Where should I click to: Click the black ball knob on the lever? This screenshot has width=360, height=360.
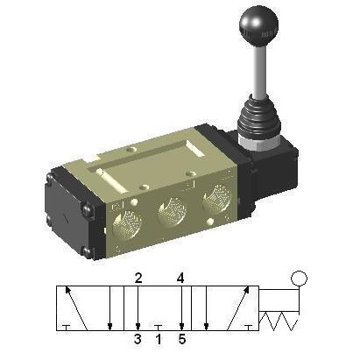pyautogui.click(x=258, y=25)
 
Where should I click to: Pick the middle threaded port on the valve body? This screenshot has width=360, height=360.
pyautogui.click(x=172, y=211)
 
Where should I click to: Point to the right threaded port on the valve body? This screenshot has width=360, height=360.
pyautogui.click(x=217, y=197)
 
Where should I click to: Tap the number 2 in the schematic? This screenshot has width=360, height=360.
pyautogui.click(x=138, y=279)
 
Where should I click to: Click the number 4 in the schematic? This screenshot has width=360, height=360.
pyautogui.click(x=180, y=279)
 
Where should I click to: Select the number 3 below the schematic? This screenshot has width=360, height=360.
pyautogui.click(x=138, y=339)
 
